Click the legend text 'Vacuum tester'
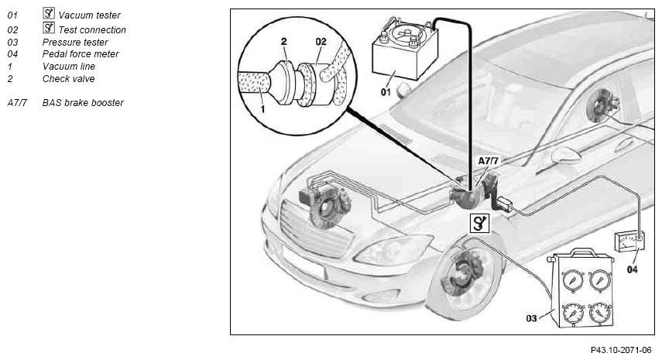(x=90, y=15)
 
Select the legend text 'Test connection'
(x=92, y=30)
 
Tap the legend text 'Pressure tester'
(x=75, y=43)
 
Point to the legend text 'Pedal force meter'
(x=81, y=54)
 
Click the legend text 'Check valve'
(x=68, y=78)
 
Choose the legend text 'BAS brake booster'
(x=83, y=102)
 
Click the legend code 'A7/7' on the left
(x=17, y=102)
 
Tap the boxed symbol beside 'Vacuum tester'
(x=49, y=13)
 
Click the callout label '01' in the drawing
(x=386, y=91)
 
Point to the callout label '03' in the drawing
(x=532, y=317)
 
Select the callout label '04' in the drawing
(x=632, y=269)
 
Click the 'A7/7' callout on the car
(x=488, y=161)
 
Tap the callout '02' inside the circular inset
(x=321, y=41)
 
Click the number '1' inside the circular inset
(x=262, y=109)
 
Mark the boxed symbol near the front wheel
(x=480, y=223)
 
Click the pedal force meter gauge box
(x=629, y=242)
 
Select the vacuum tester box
(x=404, y=50)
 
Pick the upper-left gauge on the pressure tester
(x=573, y=279)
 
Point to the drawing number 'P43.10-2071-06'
(x=621, y=350)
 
